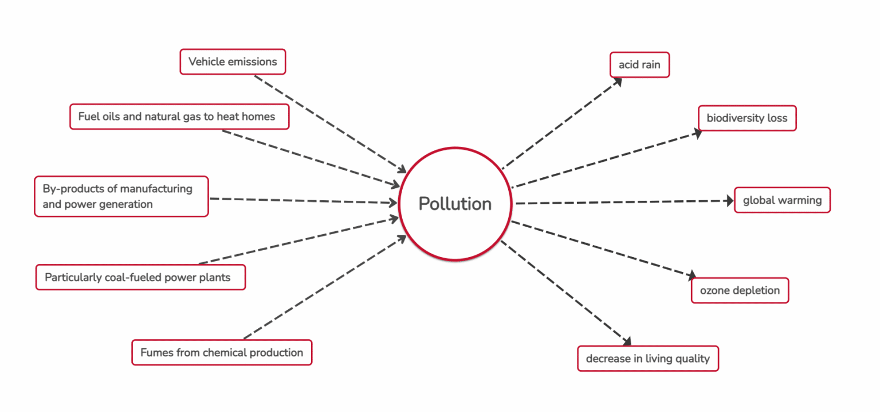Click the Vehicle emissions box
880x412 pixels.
(x=233, y=62)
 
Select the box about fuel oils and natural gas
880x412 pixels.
(x=179, y=116)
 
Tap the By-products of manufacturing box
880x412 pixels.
(x=121, y=196)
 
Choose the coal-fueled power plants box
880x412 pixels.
(x=140, y=277)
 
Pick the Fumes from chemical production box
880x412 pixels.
(x=222, y=352)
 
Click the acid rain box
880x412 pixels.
(x=639, y=65)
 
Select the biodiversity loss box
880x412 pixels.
(x=747, y=118)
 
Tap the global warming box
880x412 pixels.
(x=782, y=200)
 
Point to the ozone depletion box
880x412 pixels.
(x=740, y=290)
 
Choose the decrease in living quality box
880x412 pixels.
(x=648, y=359)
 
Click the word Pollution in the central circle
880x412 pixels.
(x=455, y=204)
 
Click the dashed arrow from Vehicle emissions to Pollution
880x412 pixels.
(x=330, y=124)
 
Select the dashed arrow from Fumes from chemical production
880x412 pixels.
(x=325, y=287)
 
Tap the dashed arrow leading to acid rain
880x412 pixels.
(x=562, y=123)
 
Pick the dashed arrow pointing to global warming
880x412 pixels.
(x=624, y=202)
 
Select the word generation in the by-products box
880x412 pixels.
(x=126, y=204)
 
